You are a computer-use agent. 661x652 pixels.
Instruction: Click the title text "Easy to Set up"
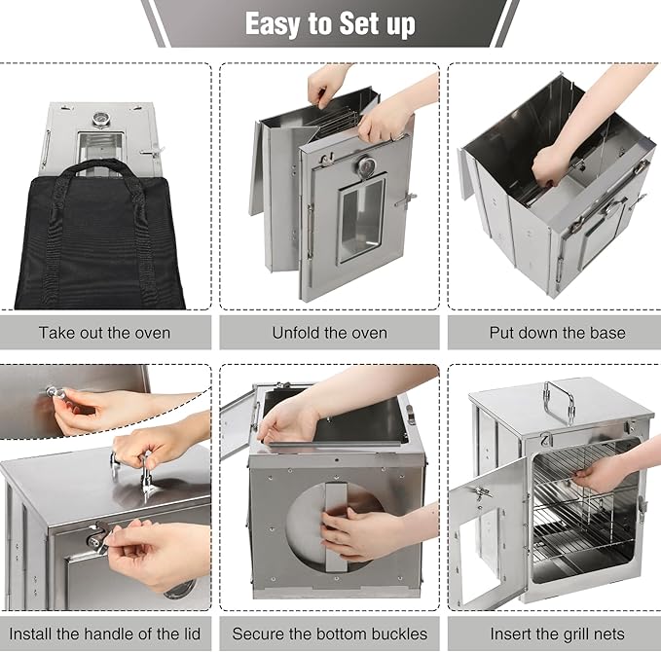coord(330,23)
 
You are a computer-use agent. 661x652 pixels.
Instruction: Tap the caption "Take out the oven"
coord(104,333)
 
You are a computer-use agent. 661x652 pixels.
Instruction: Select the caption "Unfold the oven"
coord(330,333)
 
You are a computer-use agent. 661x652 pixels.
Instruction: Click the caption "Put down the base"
coord(557,333)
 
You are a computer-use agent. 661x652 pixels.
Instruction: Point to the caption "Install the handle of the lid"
coord(104,634)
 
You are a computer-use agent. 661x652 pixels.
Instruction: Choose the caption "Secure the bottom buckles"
coord(330,634)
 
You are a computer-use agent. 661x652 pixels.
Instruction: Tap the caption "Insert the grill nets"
coord(557,634)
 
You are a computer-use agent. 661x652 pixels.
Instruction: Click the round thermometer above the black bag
coord(100,120)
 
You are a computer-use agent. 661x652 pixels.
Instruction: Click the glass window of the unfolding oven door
coord(362,220)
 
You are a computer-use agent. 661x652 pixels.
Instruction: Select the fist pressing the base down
coord(550,167)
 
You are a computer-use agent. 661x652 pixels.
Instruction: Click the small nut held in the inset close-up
coord(56,393)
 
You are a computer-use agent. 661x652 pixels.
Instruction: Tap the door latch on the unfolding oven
coord(406,199)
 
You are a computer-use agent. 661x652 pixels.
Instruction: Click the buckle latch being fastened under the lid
coord(98,537)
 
